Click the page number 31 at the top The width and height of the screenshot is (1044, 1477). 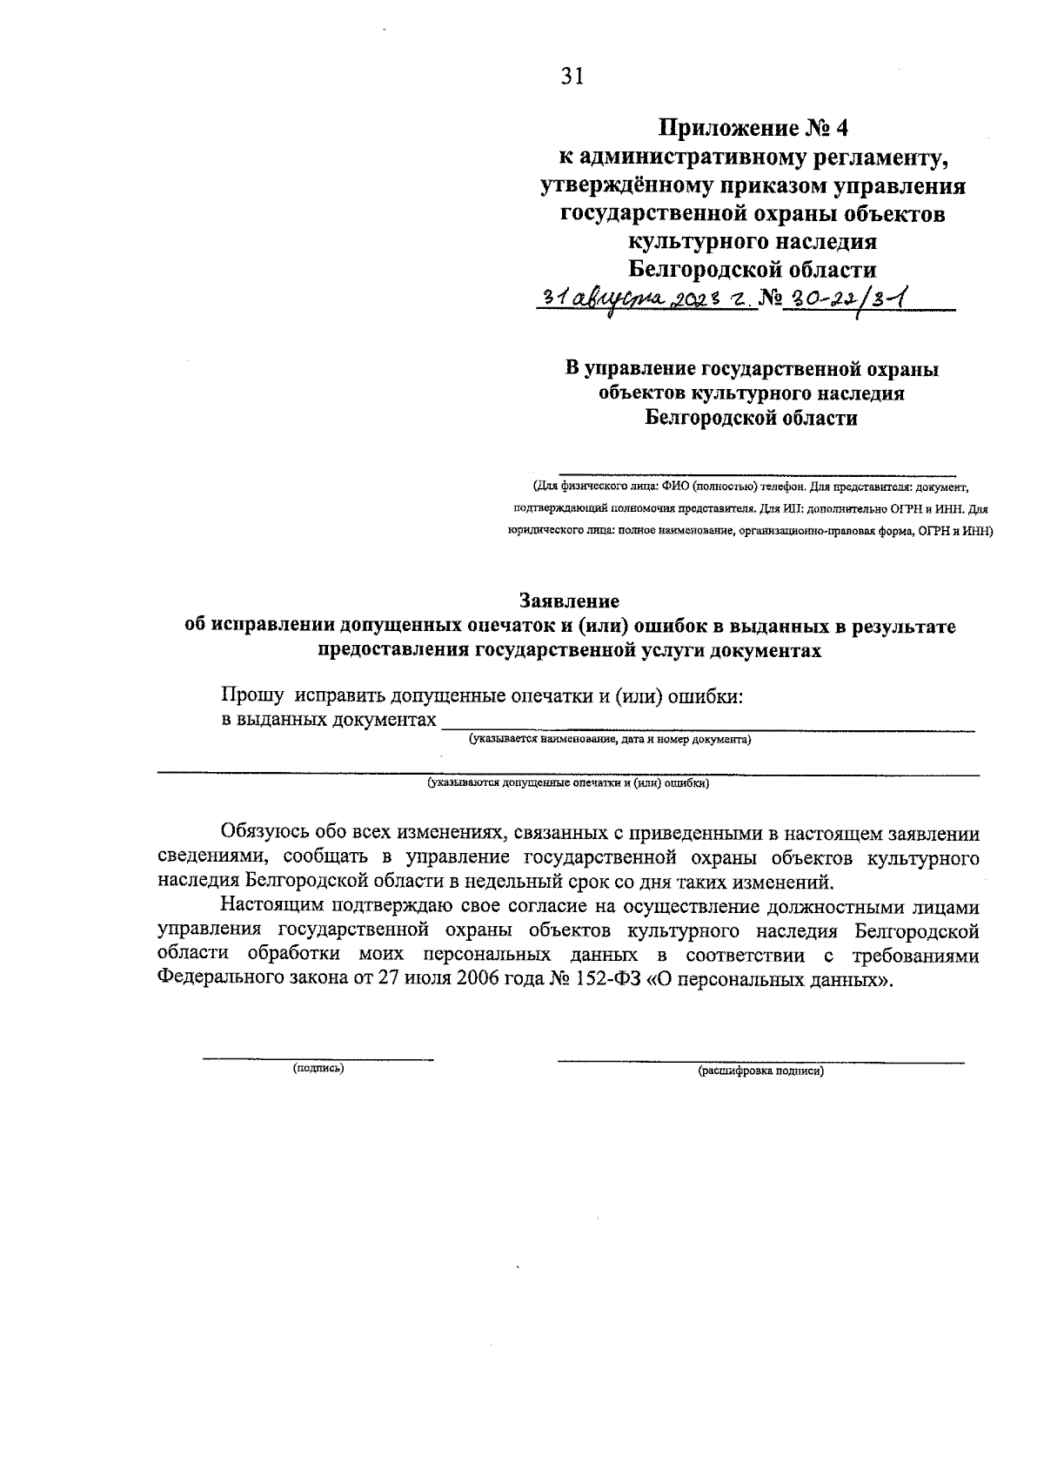tap(571, 77)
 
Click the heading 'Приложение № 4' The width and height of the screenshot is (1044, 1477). tap(753, 129)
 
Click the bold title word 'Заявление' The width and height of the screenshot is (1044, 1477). tap(569, 601)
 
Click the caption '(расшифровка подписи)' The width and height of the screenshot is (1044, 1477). tap(760, 1071)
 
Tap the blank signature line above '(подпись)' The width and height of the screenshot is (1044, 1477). tap(318, 1057)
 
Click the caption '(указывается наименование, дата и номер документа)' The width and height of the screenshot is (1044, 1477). tap(610, 740)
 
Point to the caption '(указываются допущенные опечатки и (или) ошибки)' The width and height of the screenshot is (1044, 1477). tap(568, 782)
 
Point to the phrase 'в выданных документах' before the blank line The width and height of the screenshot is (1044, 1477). tap(328, 720)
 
